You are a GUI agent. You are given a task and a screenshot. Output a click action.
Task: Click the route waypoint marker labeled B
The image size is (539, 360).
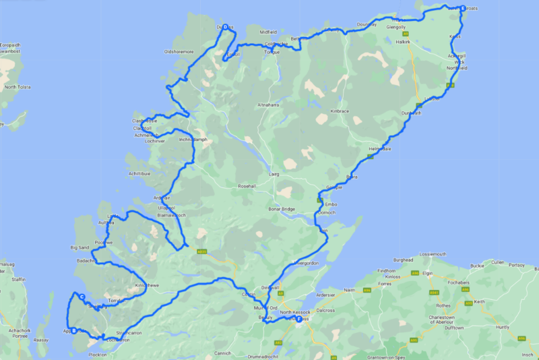click(x=73, y=330)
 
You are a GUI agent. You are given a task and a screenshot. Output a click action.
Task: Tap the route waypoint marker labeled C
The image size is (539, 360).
click(x=81, y=297)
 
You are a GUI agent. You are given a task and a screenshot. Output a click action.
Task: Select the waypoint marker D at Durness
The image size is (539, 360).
click(x=225, y=27)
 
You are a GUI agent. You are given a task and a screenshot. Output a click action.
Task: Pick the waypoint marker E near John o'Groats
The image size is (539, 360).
click(x=462, y=9)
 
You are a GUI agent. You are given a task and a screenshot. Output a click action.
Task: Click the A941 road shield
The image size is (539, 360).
click(x=434, y=292)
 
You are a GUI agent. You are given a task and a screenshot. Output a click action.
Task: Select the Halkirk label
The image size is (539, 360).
click(x=404, y=42)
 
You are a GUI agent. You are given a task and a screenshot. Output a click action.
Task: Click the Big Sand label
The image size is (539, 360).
click(x=80, y=247)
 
